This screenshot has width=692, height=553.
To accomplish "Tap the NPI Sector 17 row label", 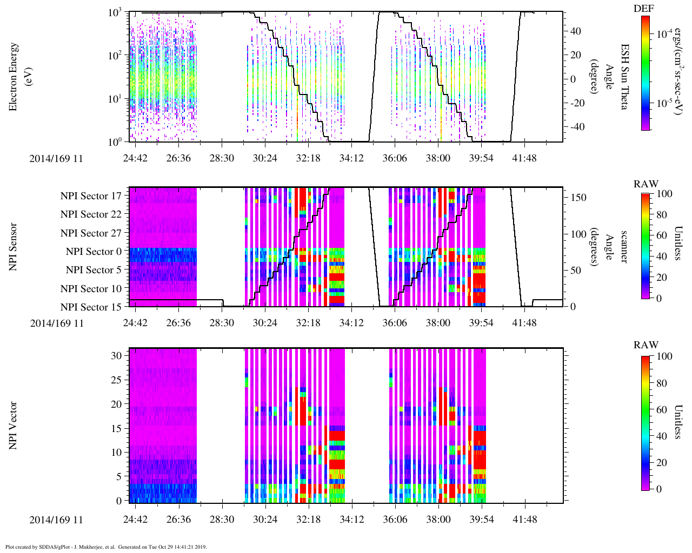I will tap(91, 196).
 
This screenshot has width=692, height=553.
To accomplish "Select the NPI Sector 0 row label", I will tap(94, 252).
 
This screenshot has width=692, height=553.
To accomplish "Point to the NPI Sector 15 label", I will tap(91, 307).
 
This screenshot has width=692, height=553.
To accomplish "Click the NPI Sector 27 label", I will tap(91, 233).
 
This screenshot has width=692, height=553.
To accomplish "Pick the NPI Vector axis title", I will tap(14, 426).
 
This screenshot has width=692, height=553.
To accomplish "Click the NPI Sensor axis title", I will tap(14, 246).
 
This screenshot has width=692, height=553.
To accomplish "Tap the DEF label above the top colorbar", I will tap(643, 9).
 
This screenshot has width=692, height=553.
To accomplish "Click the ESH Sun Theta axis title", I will tap(624, 77).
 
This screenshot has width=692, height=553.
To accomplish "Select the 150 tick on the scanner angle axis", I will tap(578, 198).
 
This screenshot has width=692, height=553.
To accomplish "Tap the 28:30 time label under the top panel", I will tap(222, 158).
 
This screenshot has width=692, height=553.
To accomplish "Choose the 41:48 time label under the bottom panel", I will tap(524, 520).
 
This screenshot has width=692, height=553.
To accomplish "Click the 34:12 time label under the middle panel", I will tap(351, 323).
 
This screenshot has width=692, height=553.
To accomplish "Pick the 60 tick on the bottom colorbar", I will tap(661, 410).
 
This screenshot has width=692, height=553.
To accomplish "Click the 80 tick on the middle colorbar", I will tap(661, 215).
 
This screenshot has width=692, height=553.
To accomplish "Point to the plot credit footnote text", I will tap(106, 547).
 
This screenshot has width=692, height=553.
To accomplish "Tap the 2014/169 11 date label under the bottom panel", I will tap(57, 520).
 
